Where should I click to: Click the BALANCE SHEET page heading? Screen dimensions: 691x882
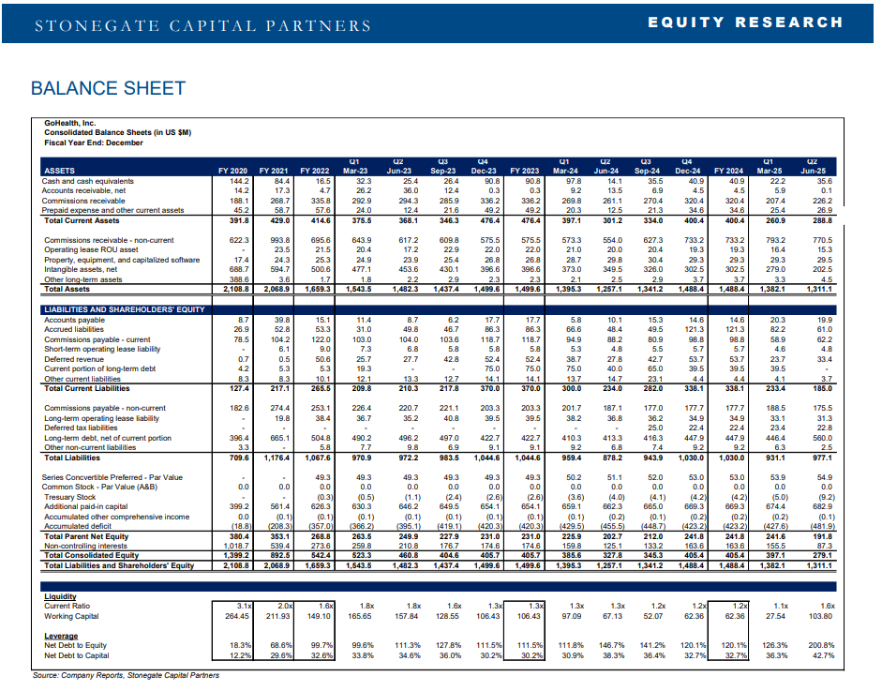pos(108,88)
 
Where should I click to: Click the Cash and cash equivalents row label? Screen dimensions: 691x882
pos(88,180)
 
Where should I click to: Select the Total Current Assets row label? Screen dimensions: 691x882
pos(82,220)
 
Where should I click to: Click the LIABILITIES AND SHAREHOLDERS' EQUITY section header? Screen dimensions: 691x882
pos(125,308)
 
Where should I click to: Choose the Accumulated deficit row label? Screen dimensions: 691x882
pos(77,528)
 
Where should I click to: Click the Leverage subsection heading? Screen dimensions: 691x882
pos(61,635)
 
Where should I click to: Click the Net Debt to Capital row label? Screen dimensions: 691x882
pos(78,655)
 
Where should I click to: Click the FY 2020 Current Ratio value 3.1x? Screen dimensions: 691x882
pos(245,606)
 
